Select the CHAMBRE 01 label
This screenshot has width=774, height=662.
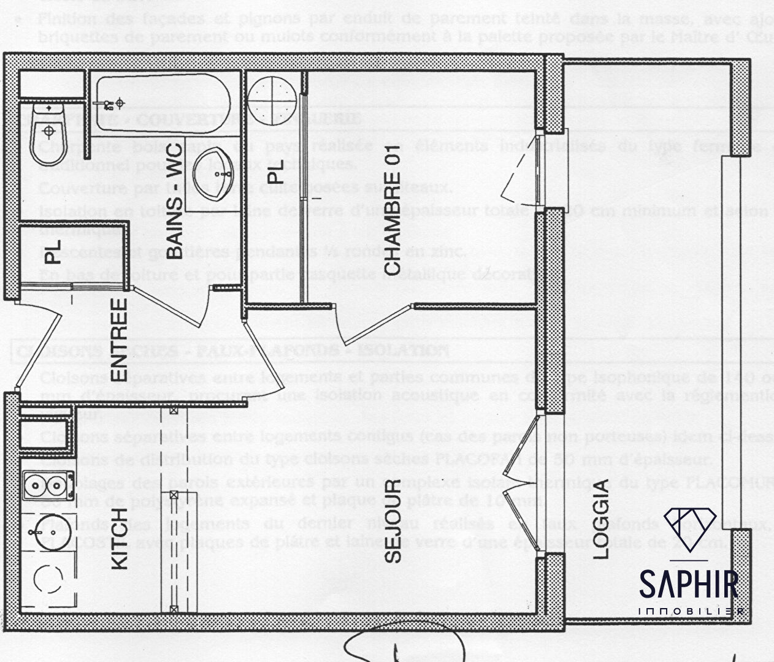393,214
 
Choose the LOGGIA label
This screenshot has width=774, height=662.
603,518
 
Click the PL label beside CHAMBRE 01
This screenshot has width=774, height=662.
277,171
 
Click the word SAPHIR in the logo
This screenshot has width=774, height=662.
688,584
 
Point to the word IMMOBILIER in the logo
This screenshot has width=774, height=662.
692,612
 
